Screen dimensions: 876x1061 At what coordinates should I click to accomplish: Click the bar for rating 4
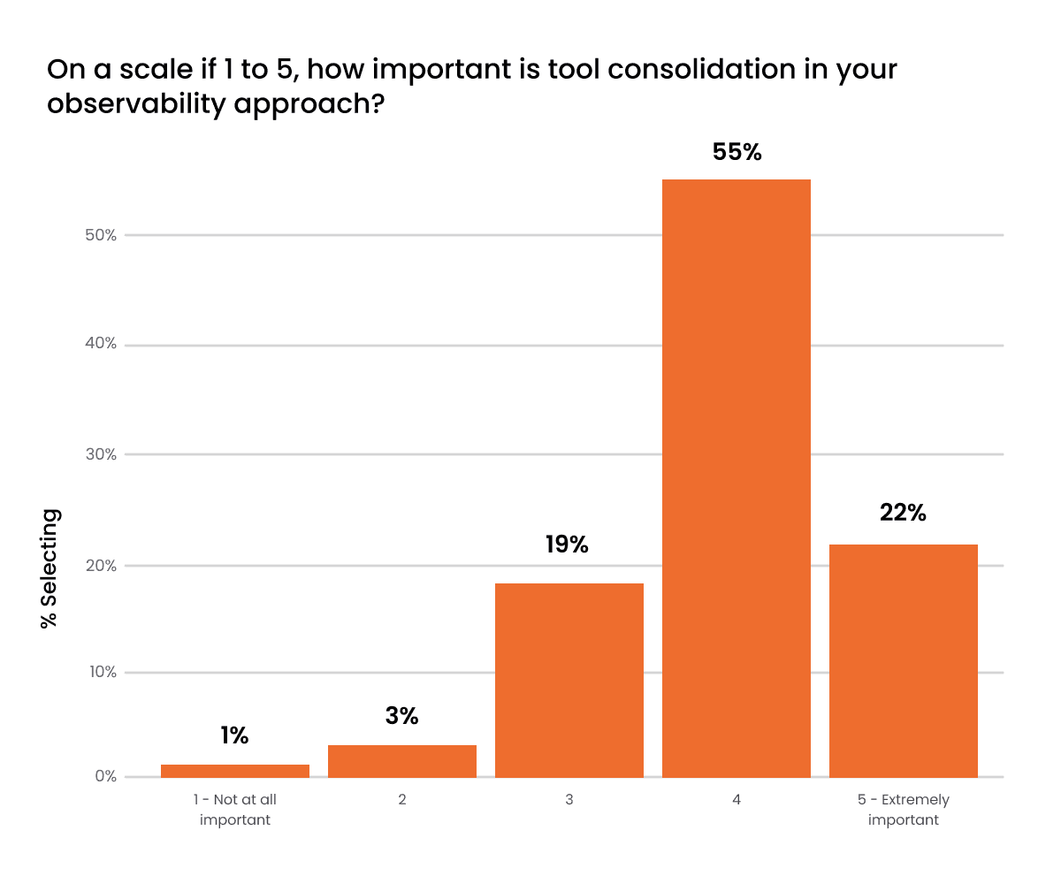click(736, 478)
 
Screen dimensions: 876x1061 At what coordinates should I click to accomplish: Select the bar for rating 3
click(569, 680)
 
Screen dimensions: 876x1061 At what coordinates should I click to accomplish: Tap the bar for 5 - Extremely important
click(903, 660)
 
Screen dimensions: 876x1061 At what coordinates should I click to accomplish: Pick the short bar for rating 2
click(401, 761)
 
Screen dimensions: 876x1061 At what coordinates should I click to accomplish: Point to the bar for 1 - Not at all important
click(234, 771)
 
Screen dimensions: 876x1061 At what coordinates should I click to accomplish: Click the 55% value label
click(737, 152)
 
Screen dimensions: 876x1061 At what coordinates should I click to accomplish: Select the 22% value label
click(903, 513)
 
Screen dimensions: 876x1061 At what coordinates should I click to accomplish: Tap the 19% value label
click(567, 545)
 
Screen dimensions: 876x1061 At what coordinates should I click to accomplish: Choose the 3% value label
click(401, 716)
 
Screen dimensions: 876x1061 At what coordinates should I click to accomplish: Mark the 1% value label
click(234, 735)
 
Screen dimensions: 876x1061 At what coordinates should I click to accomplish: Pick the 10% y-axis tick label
click(101, 672)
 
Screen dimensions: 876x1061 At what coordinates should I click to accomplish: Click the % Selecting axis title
click(50, 568)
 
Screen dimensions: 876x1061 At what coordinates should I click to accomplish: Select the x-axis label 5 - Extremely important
click(903, 810)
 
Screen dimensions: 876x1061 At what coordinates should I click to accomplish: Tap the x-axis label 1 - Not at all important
click(234, 810)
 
